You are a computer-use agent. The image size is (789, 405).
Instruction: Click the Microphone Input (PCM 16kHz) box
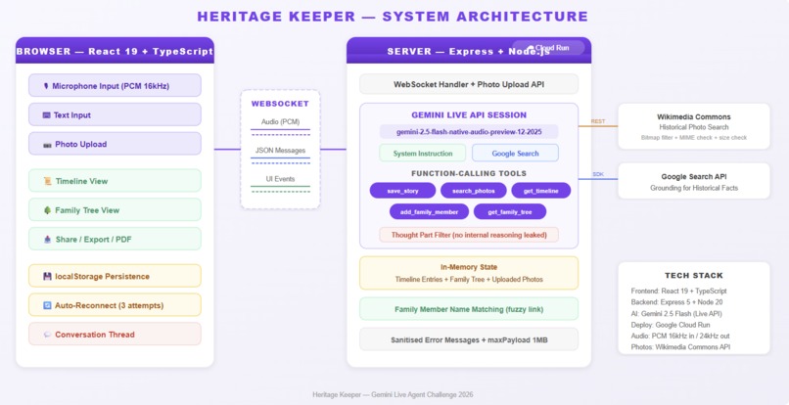(115, 86)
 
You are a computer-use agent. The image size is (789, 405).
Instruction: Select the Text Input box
(115, 115)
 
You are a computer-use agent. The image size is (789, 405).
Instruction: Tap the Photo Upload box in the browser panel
(115, 144)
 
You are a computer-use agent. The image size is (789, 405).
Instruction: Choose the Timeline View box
(115, 181)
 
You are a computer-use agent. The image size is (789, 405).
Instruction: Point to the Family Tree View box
(115, 210)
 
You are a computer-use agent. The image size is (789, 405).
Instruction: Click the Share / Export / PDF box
(115, 239)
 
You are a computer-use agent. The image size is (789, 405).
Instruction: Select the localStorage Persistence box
(115, 276)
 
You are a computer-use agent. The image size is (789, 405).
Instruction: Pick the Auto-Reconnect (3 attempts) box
(115, 305)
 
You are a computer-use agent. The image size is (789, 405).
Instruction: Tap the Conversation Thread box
(115, 335)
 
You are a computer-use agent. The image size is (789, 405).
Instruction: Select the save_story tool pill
(402, 191)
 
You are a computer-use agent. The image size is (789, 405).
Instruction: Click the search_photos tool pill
(473, 191)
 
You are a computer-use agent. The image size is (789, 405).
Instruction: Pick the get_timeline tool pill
(540, 191)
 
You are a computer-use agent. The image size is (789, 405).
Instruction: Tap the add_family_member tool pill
(428, 211)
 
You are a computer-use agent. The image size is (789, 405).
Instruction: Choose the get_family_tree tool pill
(509, 211)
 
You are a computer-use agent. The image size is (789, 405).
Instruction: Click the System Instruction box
(423, 154)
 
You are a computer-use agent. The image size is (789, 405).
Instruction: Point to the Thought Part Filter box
(468, 235)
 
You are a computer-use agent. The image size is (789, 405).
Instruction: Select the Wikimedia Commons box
(693, 126)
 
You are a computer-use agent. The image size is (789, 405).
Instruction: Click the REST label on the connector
(597, 121)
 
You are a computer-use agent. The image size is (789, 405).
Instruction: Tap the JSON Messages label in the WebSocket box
(280, 151)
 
